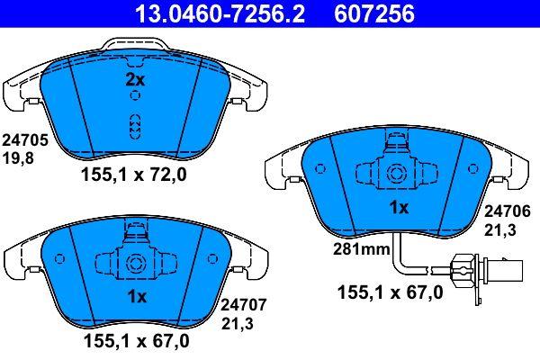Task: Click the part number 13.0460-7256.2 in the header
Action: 220,13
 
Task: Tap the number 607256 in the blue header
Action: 374,13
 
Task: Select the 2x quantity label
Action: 135,80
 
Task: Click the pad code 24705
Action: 25,140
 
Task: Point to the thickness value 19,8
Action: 18,158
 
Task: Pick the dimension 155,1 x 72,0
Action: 133,175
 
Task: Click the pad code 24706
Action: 508,211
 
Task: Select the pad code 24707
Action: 243,305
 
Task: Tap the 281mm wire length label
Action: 361,248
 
